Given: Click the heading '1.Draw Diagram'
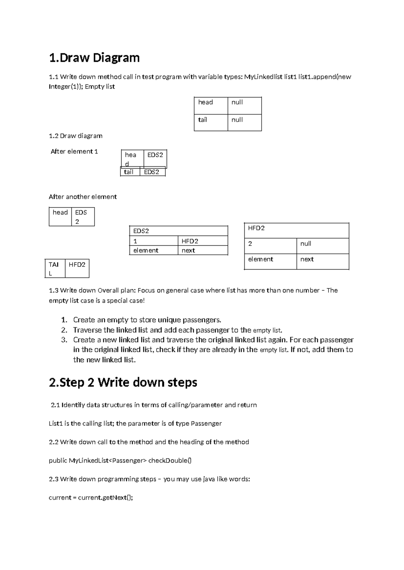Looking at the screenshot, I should (94, 58).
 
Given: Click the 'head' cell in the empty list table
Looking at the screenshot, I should (211, 106).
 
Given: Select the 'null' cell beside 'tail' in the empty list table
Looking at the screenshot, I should (244, 123).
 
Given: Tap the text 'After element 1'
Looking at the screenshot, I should (74, 152).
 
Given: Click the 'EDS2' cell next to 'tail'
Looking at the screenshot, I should (152, 172).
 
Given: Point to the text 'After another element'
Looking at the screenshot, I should (82, 197).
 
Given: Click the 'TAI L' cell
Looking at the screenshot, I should (55, 269).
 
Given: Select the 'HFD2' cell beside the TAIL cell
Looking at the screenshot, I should (77, 268).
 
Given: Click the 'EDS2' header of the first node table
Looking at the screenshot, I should (178, 231).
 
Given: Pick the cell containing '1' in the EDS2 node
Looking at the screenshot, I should (153, 241).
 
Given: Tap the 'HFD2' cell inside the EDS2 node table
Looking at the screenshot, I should (203, 241).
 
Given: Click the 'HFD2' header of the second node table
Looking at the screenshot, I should (296, 231).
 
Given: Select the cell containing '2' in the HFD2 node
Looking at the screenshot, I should (270, 246).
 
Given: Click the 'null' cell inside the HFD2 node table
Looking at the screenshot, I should (322, 246).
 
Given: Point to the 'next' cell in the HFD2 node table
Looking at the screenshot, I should (322, 261).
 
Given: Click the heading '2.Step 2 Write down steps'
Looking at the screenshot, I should (123, 382).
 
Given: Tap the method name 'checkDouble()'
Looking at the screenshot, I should (170, 460).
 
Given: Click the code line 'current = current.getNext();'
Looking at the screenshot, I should (91, 497).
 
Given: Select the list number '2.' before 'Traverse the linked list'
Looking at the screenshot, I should (64, 330).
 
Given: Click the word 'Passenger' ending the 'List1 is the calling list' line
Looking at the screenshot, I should (206, 423).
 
